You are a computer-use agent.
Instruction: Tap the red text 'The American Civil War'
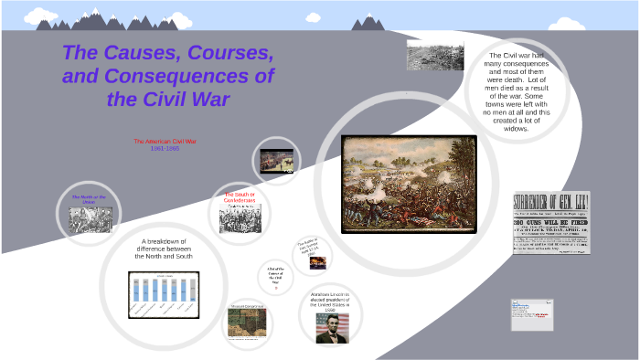(x=165, y=141)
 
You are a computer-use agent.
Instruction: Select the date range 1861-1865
(x=165, y=148)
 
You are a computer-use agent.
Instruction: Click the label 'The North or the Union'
(x=89, y=199)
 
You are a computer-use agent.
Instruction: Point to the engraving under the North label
(x=90, y=219)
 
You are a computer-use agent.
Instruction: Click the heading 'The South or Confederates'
(x=240, y=197)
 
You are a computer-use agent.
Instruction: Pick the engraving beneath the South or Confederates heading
(x=240, y=217)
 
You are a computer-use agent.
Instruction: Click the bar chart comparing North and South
(x=164, y=294)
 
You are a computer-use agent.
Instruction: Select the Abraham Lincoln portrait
(x=332, y=327)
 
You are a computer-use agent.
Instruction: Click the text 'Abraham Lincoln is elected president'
(x=330, y=302)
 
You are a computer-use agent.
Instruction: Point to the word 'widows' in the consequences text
(x=517, y=129)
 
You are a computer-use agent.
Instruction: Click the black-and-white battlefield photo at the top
(x=434, y=56)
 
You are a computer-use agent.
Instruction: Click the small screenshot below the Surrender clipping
(x=532, y=313)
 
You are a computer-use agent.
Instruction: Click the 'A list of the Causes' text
(x=274, y=273)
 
